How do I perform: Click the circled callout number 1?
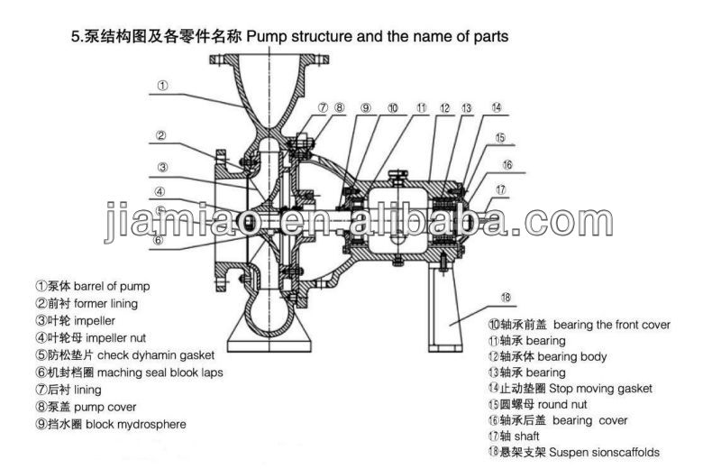click(161, 86)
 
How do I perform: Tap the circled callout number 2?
click(160, 137)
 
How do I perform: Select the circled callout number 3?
click(160, 166)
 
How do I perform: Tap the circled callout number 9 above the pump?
click(365, 107)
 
